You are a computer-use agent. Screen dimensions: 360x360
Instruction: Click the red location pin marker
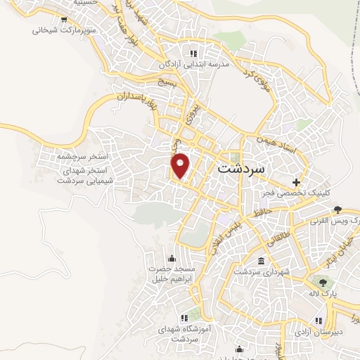(181, 165)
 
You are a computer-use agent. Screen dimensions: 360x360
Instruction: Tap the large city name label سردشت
(243, 169)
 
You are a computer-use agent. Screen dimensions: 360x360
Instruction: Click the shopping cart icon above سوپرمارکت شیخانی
(63, 20)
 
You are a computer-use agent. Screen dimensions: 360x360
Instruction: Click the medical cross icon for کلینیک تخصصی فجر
(304, 181)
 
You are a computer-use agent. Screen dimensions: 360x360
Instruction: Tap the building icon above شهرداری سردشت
(261, 262)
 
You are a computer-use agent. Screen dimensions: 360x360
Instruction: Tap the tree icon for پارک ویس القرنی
(338, 210)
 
